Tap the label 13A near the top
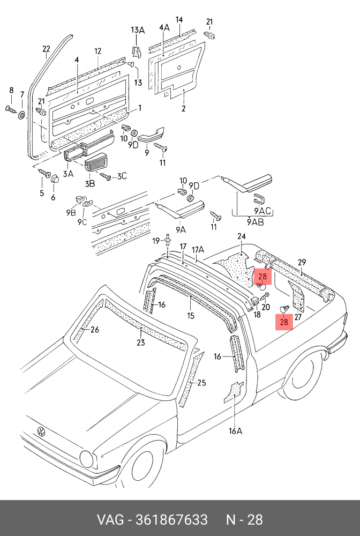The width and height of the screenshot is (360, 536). [x=138, y=29]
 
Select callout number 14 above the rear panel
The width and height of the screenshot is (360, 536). [x=179, y=20]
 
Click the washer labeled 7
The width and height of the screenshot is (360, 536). [x=22, y=115]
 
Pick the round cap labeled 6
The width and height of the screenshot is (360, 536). [x=53, y=178]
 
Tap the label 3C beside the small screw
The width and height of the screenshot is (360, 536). [x=122, y=175]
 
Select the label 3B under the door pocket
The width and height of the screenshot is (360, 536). [x=89, y=183]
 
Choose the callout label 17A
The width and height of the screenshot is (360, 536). [x=198, y=249]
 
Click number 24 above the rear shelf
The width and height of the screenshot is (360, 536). [x=242, y=236]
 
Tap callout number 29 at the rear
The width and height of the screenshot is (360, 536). [x=302, y=262]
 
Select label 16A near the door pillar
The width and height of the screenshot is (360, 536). [x=236, y=430]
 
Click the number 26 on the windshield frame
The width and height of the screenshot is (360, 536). [x=94, y=330]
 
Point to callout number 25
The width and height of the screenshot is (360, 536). [x=201, y=383]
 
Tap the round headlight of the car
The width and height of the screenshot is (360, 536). [x=86, y=458]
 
